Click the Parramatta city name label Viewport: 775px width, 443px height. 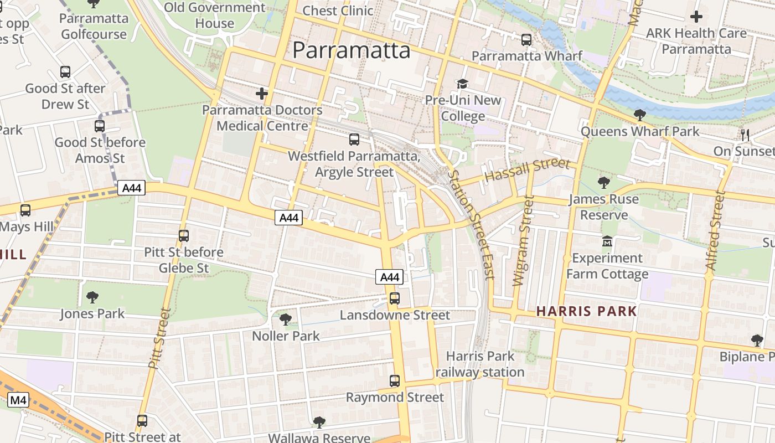(351, 50)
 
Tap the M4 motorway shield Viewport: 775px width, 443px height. (18, 399)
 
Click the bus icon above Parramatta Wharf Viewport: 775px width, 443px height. (526, 40)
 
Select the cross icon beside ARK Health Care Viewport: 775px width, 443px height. (696, 17)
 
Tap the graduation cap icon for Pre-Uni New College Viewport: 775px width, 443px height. (462, 84)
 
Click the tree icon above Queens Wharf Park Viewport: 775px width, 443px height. (639, 115)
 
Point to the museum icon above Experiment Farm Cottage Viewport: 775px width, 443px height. (607, 242)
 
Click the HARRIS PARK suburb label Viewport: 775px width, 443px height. (586, 311)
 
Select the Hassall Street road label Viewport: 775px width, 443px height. (526, 169)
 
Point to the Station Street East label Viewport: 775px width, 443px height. (471, 224)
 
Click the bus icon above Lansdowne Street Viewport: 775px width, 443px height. (394, 298)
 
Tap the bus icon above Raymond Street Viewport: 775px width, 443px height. (394, 381)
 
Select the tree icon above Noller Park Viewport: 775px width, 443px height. (286, 319)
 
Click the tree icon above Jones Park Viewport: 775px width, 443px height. (92, 297)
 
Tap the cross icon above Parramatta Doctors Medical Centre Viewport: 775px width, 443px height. (262, 94)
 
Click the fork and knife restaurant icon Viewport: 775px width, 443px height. (745, 135)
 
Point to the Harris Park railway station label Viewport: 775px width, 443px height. (480, 364)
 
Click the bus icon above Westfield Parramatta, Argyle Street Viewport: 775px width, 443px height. (354, 140)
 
